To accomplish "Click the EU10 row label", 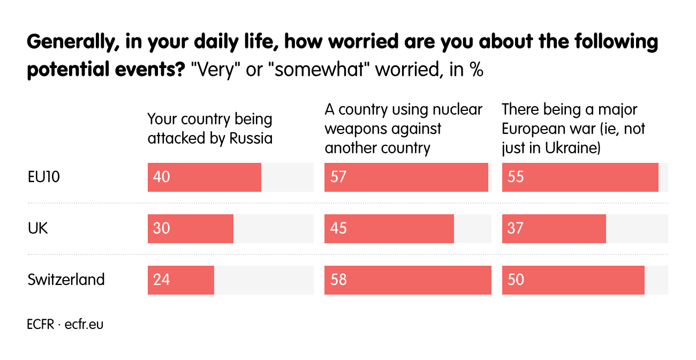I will [x=43, y=177].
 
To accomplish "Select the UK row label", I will [x=37, y=228].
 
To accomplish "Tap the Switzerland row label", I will [x=66, y=280].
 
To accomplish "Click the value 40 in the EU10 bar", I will [x=161, y=177].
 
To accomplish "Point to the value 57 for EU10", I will [x=338, y=177].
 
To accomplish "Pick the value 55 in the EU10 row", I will [x=516, y=177].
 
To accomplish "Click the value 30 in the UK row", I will [x=161, y=228].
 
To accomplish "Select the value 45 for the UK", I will [x=338, y=228].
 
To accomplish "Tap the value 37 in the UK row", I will [x=516, y=228].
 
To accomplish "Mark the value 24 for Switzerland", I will [x=161, y=280].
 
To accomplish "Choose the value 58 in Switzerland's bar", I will [x=338, y=280].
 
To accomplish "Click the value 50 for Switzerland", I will [x=516, y=280].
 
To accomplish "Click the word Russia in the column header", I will [x=251, y=138].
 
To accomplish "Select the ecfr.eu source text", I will [x=84, y=324].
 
